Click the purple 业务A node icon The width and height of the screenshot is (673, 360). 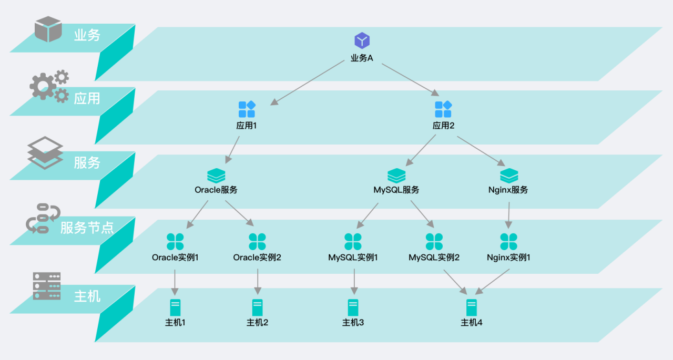[x=362, y=40]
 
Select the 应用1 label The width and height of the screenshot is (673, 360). [x=247, y=126]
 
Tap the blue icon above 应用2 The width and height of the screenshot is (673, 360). [x=443, y=109]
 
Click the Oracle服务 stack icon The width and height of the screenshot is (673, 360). [x=216, y=175]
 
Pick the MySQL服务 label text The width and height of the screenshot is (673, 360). [x=396, y=190]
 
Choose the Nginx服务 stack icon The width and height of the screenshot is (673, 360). [x=508, y=175]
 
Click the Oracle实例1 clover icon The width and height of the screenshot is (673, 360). [x=175, y=242]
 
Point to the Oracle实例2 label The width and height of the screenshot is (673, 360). [x=257, y=258]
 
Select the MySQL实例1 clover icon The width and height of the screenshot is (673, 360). [x=353, y=242]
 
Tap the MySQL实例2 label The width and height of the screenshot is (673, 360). [x=434, y=258]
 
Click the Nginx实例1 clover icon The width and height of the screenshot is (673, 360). [x=508, y=242]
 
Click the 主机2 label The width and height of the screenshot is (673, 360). [x=257, y=322]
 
